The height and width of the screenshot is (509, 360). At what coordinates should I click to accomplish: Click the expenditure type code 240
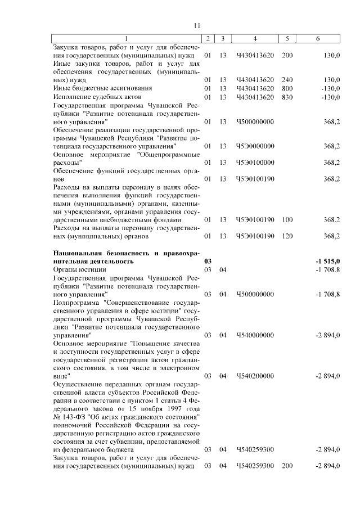(x=287, y=80)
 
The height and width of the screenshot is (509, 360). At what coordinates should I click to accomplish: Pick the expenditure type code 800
(x=287, y=88)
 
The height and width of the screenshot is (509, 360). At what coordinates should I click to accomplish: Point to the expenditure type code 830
(x=287, y=97)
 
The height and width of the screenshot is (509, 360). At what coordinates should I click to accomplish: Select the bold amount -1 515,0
(x=328, y=262)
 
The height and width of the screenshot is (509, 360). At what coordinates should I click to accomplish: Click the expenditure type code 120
(x=287, y=236)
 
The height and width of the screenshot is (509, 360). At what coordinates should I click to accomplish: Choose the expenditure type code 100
(x=287, y=219)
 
